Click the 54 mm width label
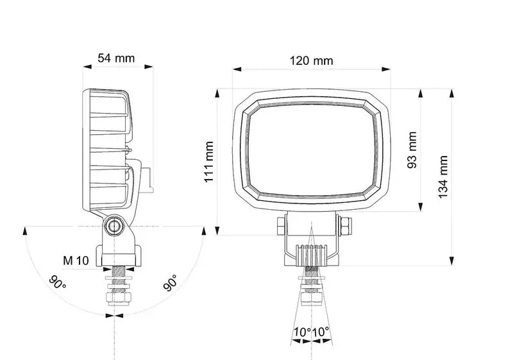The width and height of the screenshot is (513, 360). click(x=116, y=58)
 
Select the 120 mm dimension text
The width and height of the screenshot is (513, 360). click(x=312, y=61)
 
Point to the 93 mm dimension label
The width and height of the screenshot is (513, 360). click(x=412, y=150)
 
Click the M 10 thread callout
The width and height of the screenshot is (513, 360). click(x=76, y=261)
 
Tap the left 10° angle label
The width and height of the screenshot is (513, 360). click(x=302, y=332)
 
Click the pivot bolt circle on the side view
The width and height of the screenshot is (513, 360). click(x=115, y=225)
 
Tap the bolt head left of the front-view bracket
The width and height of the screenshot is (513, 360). click(x=280, y=225)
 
